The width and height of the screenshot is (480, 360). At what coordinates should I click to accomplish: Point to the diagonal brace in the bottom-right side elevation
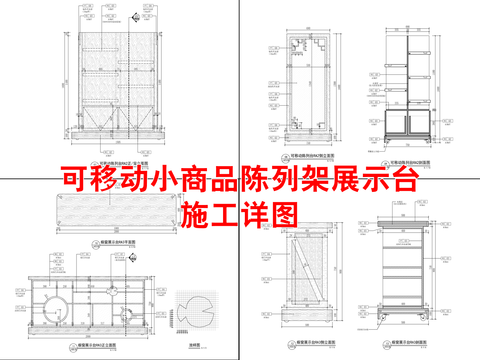(x=308, y=270)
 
